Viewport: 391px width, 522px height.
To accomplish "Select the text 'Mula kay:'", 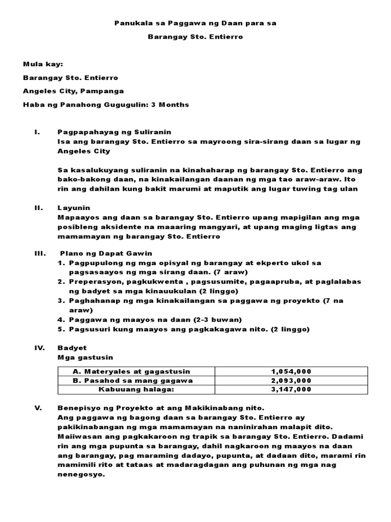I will coord(43,65).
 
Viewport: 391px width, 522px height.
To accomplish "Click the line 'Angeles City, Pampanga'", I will coord(73,91).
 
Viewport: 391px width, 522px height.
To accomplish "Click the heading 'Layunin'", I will coord(73,208).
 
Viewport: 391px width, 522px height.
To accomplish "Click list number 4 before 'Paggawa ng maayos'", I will coord(60,320).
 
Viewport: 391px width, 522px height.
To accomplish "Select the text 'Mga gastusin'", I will coord(80,357).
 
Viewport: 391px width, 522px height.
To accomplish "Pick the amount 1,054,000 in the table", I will coord(291,371).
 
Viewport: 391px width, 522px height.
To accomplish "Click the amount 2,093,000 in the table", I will coord(291,380).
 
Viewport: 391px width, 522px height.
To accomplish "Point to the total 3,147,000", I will coord(291,389).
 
